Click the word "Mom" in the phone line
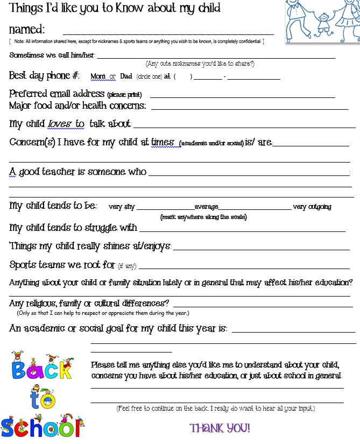(x=98, y=76)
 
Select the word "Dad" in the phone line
(x=125, y=76)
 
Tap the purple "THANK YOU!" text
(x=220, y=428)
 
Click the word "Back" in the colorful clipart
(x=41, y=371)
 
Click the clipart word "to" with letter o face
(x=41, y=398)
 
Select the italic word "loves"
(x=59, y=124)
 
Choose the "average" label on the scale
(x=206, y=207)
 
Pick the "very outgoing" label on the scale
(x=312, y=207)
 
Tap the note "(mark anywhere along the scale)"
(x=203, y=217)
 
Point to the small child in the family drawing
(x=323, y=24)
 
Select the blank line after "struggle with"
(x=242, y=230)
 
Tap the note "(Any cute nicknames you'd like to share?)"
(x=200, y=64)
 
